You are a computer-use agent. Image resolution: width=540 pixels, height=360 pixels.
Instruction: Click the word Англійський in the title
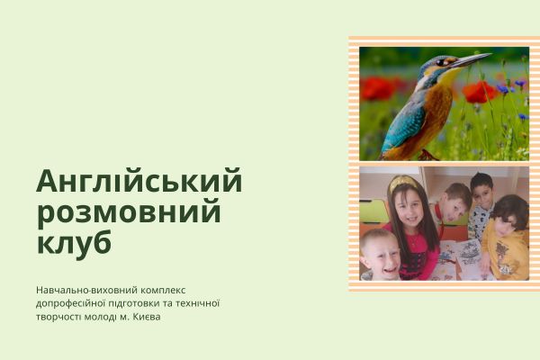pyautogui.click(x=139, y=182)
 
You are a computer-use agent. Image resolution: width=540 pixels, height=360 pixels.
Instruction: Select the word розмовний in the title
pyautogui.click(x=129, y=213)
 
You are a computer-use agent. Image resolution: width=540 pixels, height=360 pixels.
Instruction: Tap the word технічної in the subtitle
pyautogui.click(x=198, y=303)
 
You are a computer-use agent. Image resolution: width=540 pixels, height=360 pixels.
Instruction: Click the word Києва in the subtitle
pyautogui.click(x=149, y=316)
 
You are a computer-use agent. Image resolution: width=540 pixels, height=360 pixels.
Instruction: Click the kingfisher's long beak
pyautogui.click(x=471, y=61)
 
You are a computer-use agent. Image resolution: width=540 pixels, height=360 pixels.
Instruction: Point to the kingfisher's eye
pyautogui.click(x=440, y=63)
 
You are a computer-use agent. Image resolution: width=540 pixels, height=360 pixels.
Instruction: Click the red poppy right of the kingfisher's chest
pyautogui.click(x=479, y=91)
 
